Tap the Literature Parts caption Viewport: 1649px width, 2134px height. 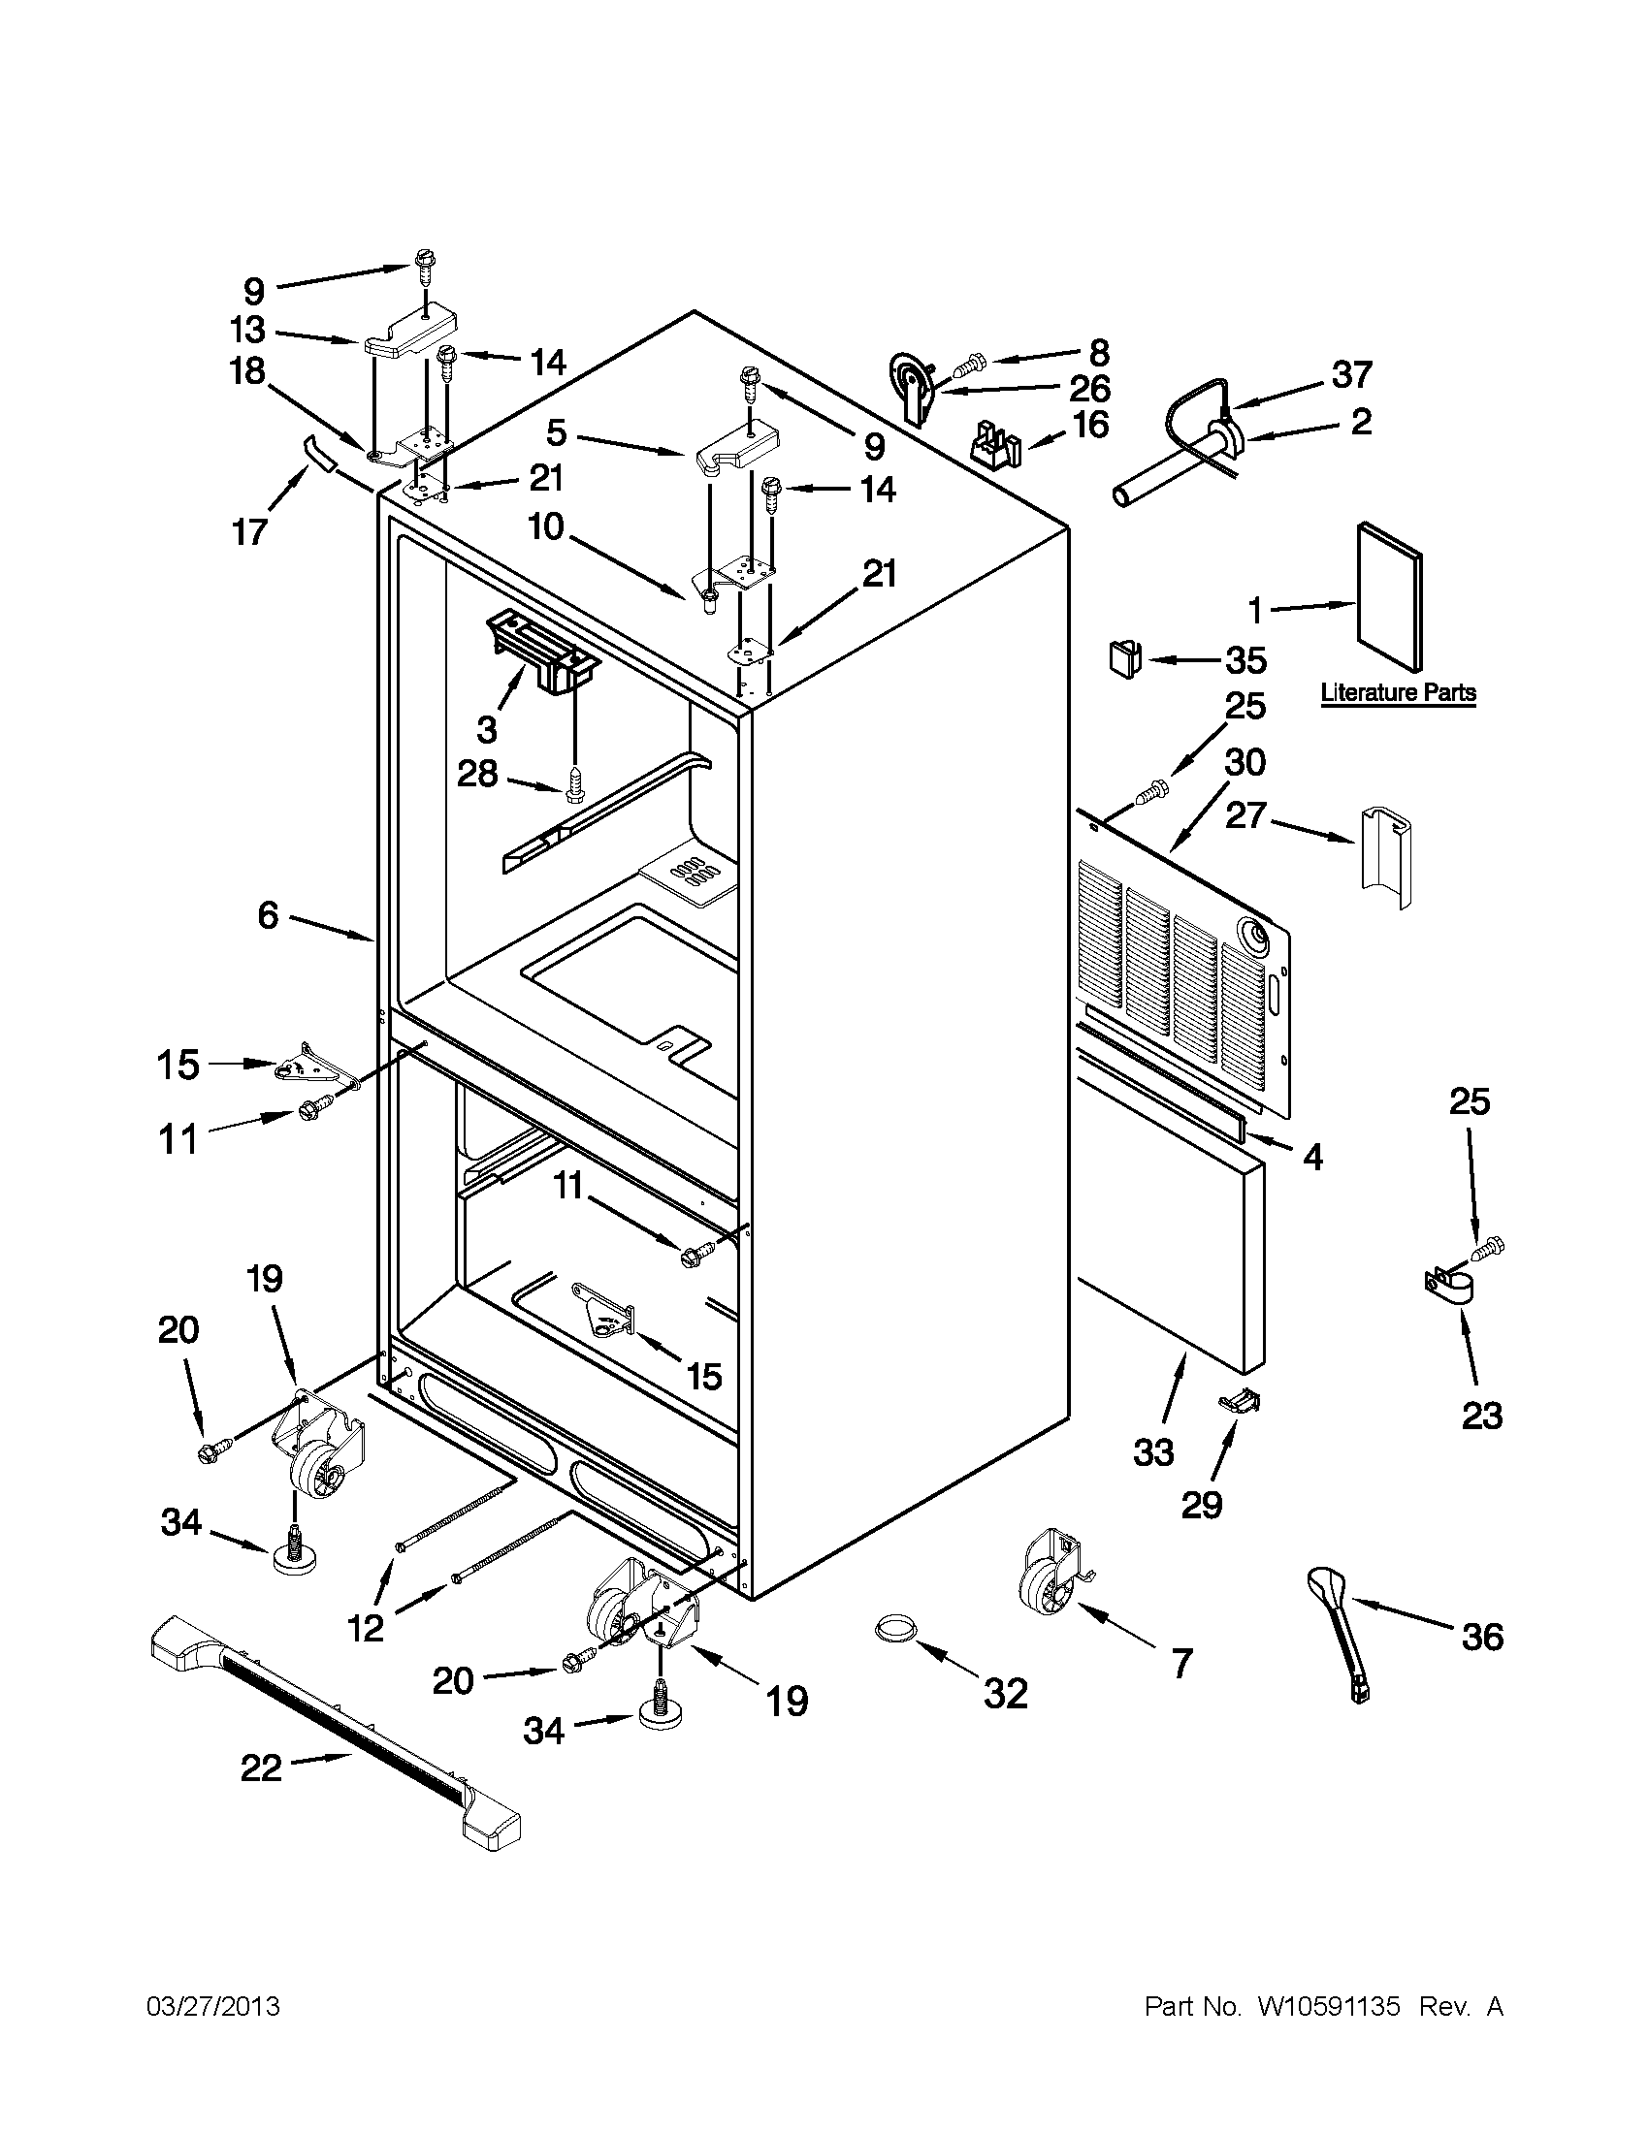tap(1398, 693)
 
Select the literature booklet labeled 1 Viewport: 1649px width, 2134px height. tap(1389, 597)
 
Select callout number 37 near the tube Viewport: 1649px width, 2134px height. tap(1352, 374)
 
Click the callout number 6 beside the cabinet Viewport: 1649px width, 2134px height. tap(268, 915)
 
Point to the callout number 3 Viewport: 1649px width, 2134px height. tap(486, 729)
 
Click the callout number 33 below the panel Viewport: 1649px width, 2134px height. tap(1153, 1453)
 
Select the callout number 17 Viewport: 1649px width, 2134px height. tap(250, 532)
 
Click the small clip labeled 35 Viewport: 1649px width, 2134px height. tap(1125, 658)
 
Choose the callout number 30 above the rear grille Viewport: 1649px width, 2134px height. tap(1245, 762)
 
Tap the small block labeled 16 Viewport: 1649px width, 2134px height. tap(994, 447)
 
